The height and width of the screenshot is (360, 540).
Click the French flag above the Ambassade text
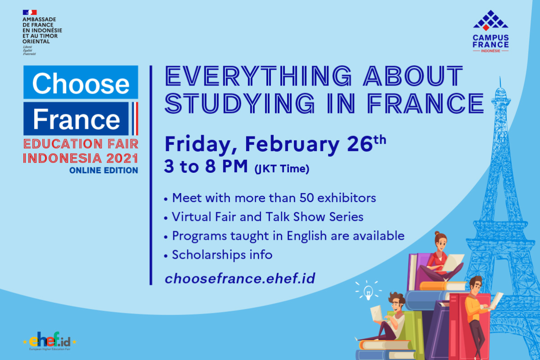click(30, 12)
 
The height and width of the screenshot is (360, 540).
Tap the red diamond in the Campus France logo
click(486, 28)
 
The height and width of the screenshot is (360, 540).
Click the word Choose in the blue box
click(81, 83)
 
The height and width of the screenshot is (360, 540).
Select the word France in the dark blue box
click(76, 119)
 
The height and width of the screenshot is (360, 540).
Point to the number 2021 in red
click(122, 158)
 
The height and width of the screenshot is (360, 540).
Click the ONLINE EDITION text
click(103, 170)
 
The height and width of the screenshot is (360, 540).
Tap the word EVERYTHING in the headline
click(258, 76)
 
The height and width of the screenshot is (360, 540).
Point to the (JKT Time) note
click(282, 169)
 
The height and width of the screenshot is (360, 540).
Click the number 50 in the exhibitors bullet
click(306, 198)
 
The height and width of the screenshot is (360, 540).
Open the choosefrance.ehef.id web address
click(240, 279)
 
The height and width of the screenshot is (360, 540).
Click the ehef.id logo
click(49, 341)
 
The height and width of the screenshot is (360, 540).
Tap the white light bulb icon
click(368, 292)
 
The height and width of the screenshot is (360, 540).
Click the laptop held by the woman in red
click(453, 263)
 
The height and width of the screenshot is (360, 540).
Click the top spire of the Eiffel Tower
click(500, 82)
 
